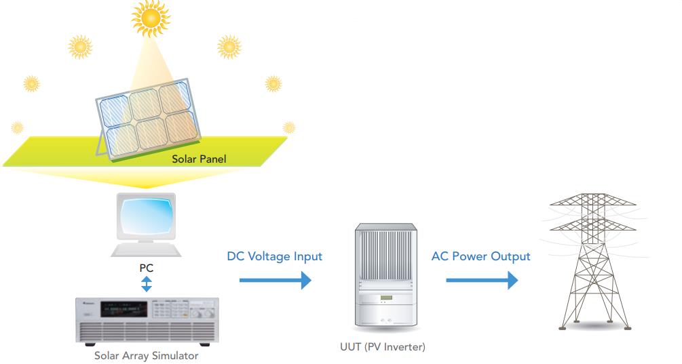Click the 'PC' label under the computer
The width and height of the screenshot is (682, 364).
pyautogui.click(x=147, y=267)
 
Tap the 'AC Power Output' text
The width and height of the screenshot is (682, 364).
pyautogui.click(x=481, y=257)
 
